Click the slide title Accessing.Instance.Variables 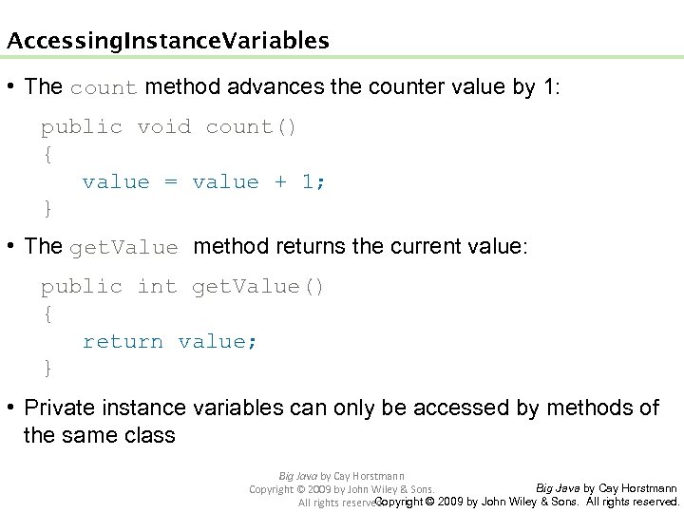pyautogui.click(x=168, y=41)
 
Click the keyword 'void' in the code pyautogui.click(x=163, y=126)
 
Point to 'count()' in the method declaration pyautogui.click(x=252, y=126)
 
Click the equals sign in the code pyautogui.click(x=171, y=181)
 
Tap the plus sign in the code pyautogui.click(x=281, y=181)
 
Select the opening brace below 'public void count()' pyautogui.click(x=47, y=154)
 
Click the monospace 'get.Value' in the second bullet pyautogui.click(x=123, y=248)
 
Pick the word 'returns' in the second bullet pyautogui.click(x=314, y=247)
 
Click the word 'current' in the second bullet pyautogui.click(x=432, y=247)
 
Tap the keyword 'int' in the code pyautogui.click(x=157, y=286)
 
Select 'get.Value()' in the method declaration pyautogui.click(x=258, y=286)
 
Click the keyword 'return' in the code pyautogui.click(x=123, y=341)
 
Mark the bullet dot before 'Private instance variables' pyautogui.click(x=11, y=408)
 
